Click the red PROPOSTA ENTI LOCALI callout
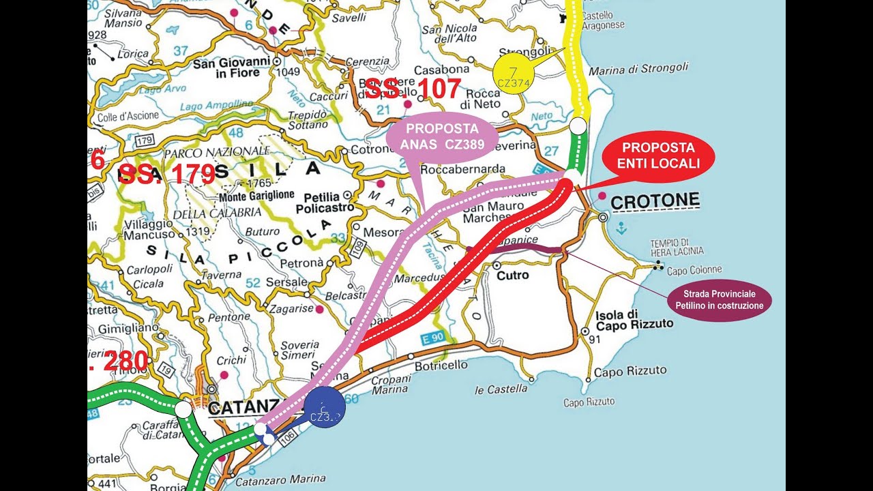tap(658, 155)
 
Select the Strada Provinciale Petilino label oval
tap(720, 300)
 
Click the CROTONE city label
tap(655, 200)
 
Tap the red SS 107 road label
tap(413, 89)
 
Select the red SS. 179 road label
tap(167, 174)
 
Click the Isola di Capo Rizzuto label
tap(634, 319)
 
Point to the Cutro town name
tap(512, 276)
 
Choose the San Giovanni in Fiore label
tap(231, 68)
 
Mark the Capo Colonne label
tap(694, 270)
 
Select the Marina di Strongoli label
tap(638, 69)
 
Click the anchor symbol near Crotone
tap(620, 230)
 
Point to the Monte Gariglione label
tap(256, 195)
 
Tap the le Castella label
tap(501, 389)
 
